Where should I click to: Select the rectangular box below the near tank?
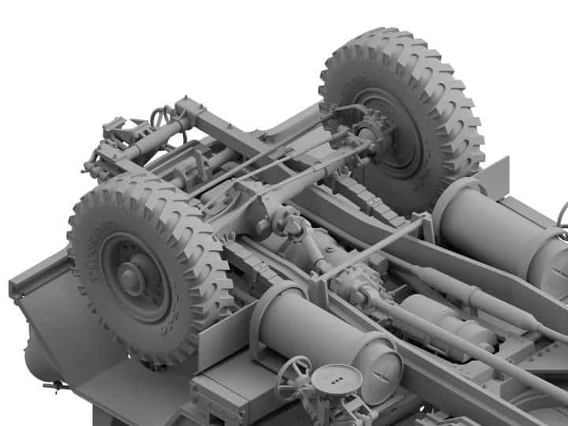pyautogui.click(x=229, y=398)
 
